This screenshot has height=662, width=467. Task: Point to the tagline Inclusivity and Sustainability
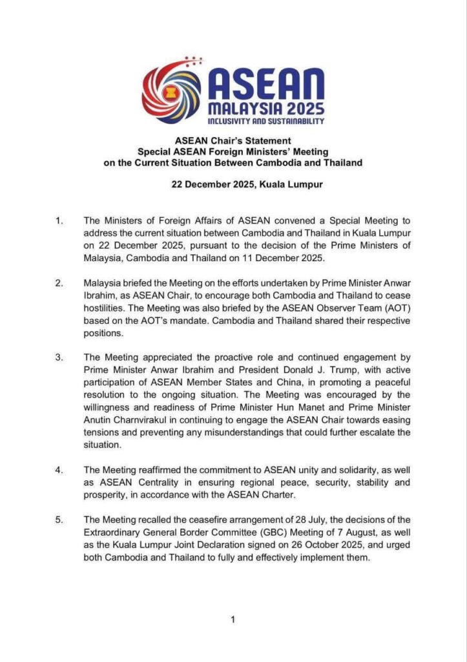(x=265, y=121)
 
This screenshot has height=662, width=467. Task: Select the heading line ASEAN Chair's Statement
(x=233, y=140)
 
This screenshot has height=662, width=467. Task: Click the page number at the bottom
(x=233, y=619)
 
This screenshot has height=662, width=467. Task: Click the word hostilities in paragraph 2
(x=107, y=308)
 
